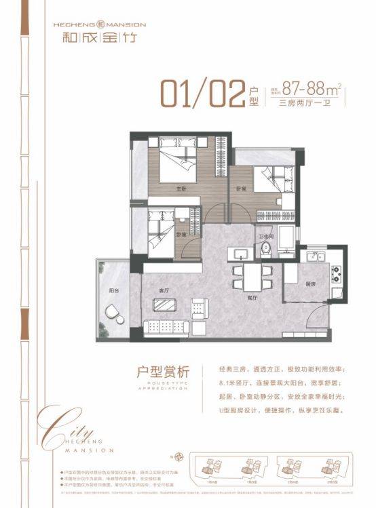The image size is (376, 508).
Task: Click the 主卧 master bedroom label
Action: [181, 189]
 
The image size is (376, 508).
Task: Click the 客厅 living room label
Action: [163, 290]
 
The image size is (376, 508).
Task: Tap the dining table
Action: [251, 275]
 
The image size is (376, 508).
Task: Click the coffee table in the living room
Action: [166, 307]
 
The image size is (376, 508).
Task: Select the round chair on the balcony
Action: [112, 313]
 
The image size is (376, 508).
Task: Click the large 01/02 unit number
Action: [202, 94]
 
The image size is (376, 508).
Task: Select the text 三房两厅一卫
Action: [303, 104]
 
